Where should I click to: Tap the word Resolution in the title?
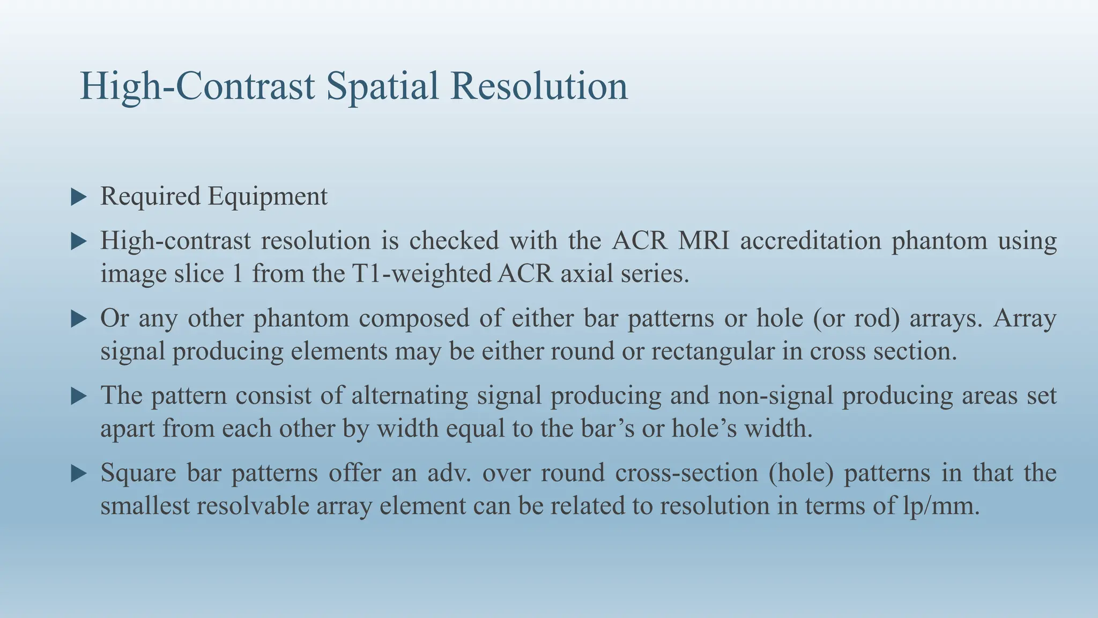coord(539,86)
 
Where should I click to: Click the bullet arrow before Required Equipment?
coord(78,197)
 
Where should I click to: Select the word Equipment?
coord(268,196)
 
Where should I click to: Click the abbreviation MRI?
coord(703,240)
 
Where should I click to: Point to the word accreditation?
coord(811,240)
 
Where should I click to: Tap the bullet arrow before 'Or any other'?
coord(78,319)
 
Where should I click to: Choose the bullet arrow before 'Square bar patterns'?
coord(78,474)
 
